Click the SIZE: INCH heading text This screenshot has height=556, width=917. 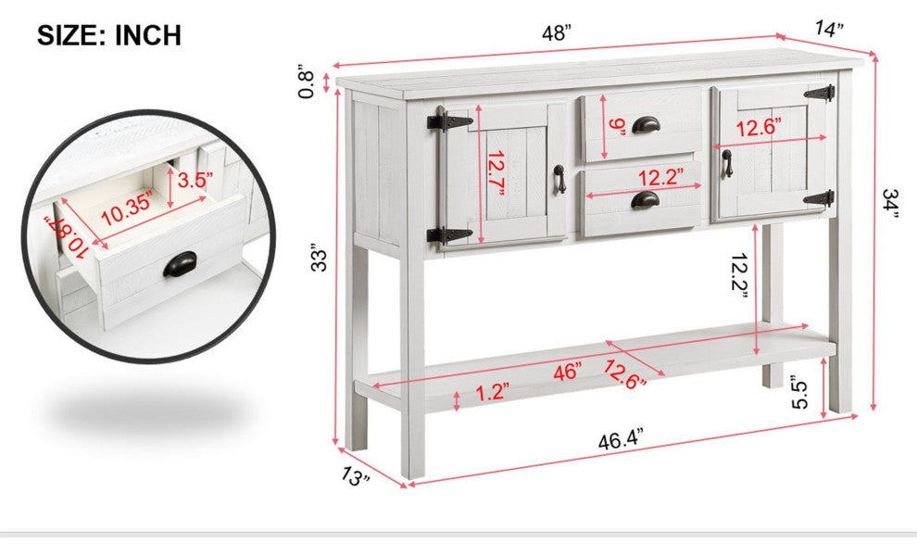pos(109,35)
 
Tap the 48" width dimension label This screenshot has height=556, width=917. pos(556,32)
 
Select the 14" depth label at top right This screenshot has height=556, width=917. pos(829,28)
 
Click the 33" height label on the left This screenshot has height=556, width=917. pos(320,258)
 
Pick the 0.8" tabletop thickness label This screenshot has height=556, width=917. pos(307,81)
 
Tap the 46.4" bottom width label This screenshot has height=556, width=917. pos(621,439)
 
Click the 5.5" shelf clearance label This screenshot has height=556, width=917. pos(799,395)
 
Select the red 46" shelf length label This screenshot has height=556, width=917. pos(567,371)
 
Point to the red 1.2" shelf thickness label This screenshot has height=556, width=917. pos(492,392)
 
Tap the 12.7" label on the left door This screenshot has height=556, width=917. pos(496,173)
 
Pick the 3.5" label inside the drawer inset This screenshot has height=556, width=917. pos(195,180)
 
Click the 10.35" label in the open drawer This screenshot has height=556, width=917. pos(127,208)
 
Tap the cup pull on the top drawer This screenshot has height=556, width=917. pos(645,124)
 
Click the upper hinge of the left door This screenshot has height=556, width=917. pos(449,121)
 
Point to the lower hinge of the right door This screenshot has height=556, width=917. pos(820,198)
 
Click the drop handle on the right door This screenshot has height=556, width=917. pos(727,163)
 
